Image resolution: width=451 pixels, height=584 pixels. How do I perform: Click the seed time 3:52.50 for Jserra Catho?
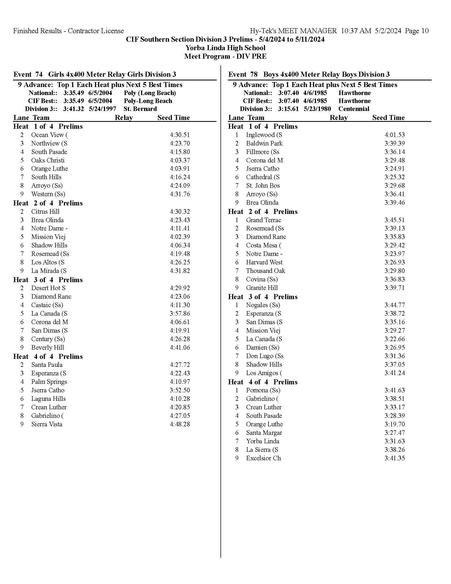(x=180, y=390)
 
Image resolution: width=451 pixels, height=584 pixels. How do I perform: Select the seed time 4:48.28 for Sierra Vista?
(x=180, y=424)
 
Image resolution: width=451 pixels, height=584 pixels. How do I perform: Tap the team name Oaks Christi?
(x=47, y=160)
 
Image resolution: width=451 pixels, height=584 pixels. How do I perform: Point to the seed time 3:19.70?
(x=395, y=424)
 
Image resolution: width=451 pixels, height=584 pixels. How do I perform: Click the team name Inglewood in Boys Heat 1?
(x=264, y=135)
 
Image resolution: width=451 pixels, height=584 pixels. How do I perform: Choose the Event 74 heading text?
(x=95, y=74)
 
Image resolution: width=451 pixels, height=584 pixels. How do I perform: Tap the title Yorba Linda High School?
(x=225, y=48)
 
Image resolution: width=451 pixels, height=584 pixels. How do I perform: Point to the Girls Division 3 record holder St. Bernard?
(x=140, y=109)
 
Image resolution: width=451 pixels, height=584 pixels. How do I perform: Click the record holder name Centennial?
(x=354, y=109)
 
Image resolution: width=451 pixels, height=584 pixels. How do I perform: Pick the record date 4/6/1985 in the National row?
(x=315, y=93)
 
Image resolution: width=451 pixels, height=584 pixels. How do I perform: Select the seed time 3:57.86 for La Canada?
(x=180, y=314)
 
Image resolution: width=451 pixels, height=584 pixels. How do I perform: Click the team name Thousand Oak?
(x=265, y=270)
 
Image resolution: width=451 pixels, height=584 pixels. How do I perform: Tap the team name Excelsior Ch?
(x=263, y=458)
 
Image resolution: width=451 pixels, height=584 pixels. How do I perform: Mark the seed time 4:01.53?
(x=395, y=135)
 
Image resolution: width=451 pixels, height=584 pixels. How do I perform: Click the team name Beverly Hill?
(x=47, y=347)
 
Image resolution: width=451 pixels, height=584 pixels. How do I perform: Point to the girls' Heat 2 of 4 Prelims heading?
(x=48, y=203)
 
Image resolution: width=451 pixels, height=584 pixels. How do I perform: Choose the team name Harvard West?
(x=264, y=262)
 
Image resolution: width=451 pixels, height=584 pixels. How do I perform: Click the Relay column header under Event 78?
(x=338, y=118)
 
